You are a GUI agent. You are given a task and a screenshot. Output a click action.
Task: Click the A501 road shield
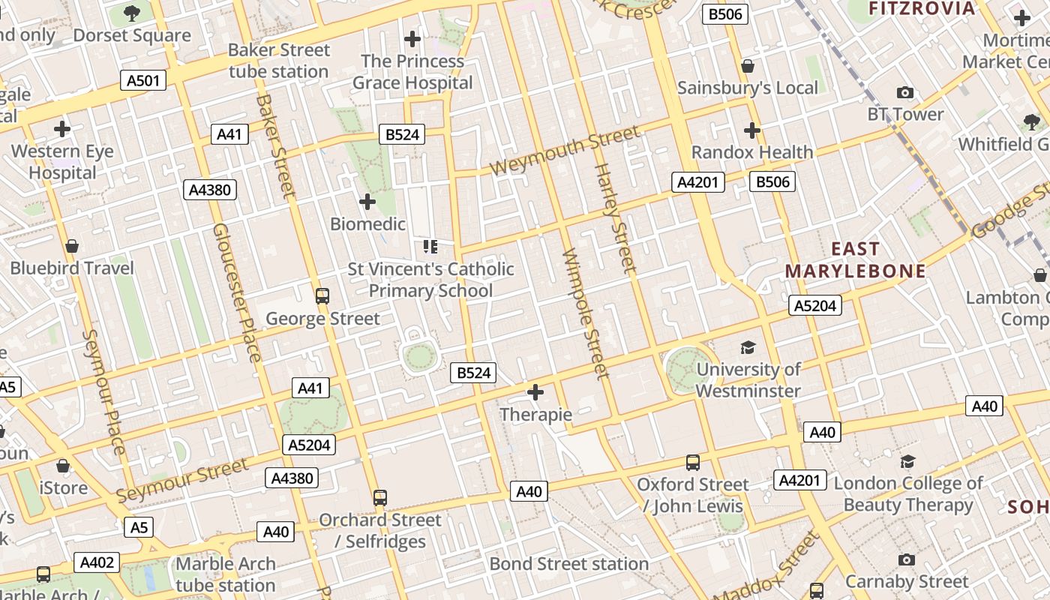143,80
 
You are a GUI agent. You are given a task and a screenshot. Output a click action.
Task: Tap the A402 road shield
97,562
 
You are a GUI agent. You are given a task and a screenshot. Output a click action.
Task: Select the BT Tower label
905,114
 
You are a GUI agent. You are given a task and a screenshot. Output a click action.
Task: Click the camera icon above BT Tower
905,93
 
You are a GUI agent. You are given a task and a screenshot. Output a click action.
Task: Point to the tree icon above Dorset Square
132,13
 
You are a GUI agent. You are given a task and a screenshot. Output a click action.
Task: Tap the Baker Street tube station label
279,61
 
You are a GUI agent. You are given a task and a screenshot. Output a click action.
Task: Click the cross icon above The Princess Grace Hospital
412,39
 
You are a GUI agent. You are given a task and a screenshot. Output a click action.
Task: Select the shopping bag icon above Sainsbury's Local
748,66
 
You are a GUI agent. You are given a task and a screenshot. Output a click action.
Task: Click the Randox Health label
752,152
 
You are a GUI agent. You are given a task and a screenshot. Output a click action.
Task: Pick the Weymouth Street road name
565,150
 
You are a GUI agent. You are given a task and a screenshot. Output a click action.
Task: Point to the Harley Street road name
615,217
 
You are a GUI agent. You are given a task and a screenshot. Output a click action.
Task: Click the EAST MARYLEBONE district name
856,259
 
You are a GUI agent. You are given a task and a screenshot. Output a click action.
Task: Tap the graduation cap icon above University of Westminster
748,347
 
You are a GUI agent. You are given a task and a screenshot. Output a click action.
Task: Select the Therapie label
535,415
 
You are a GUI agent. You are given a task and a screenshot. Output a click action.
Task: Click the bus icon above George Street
322,296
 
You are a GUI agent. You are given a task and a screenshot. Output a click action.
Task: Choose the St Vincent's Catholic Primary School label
431,280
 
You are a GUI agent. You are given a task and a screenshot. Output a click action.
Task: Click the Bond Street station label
569,563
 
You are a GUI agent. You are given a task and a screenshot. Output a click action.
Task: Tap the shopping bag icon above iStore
63,466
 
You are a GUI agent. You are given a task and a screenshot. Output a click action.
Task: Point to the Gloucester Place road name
236,292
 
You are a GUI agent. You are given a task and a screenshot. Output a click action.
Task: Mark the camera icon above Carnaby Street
907,559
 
